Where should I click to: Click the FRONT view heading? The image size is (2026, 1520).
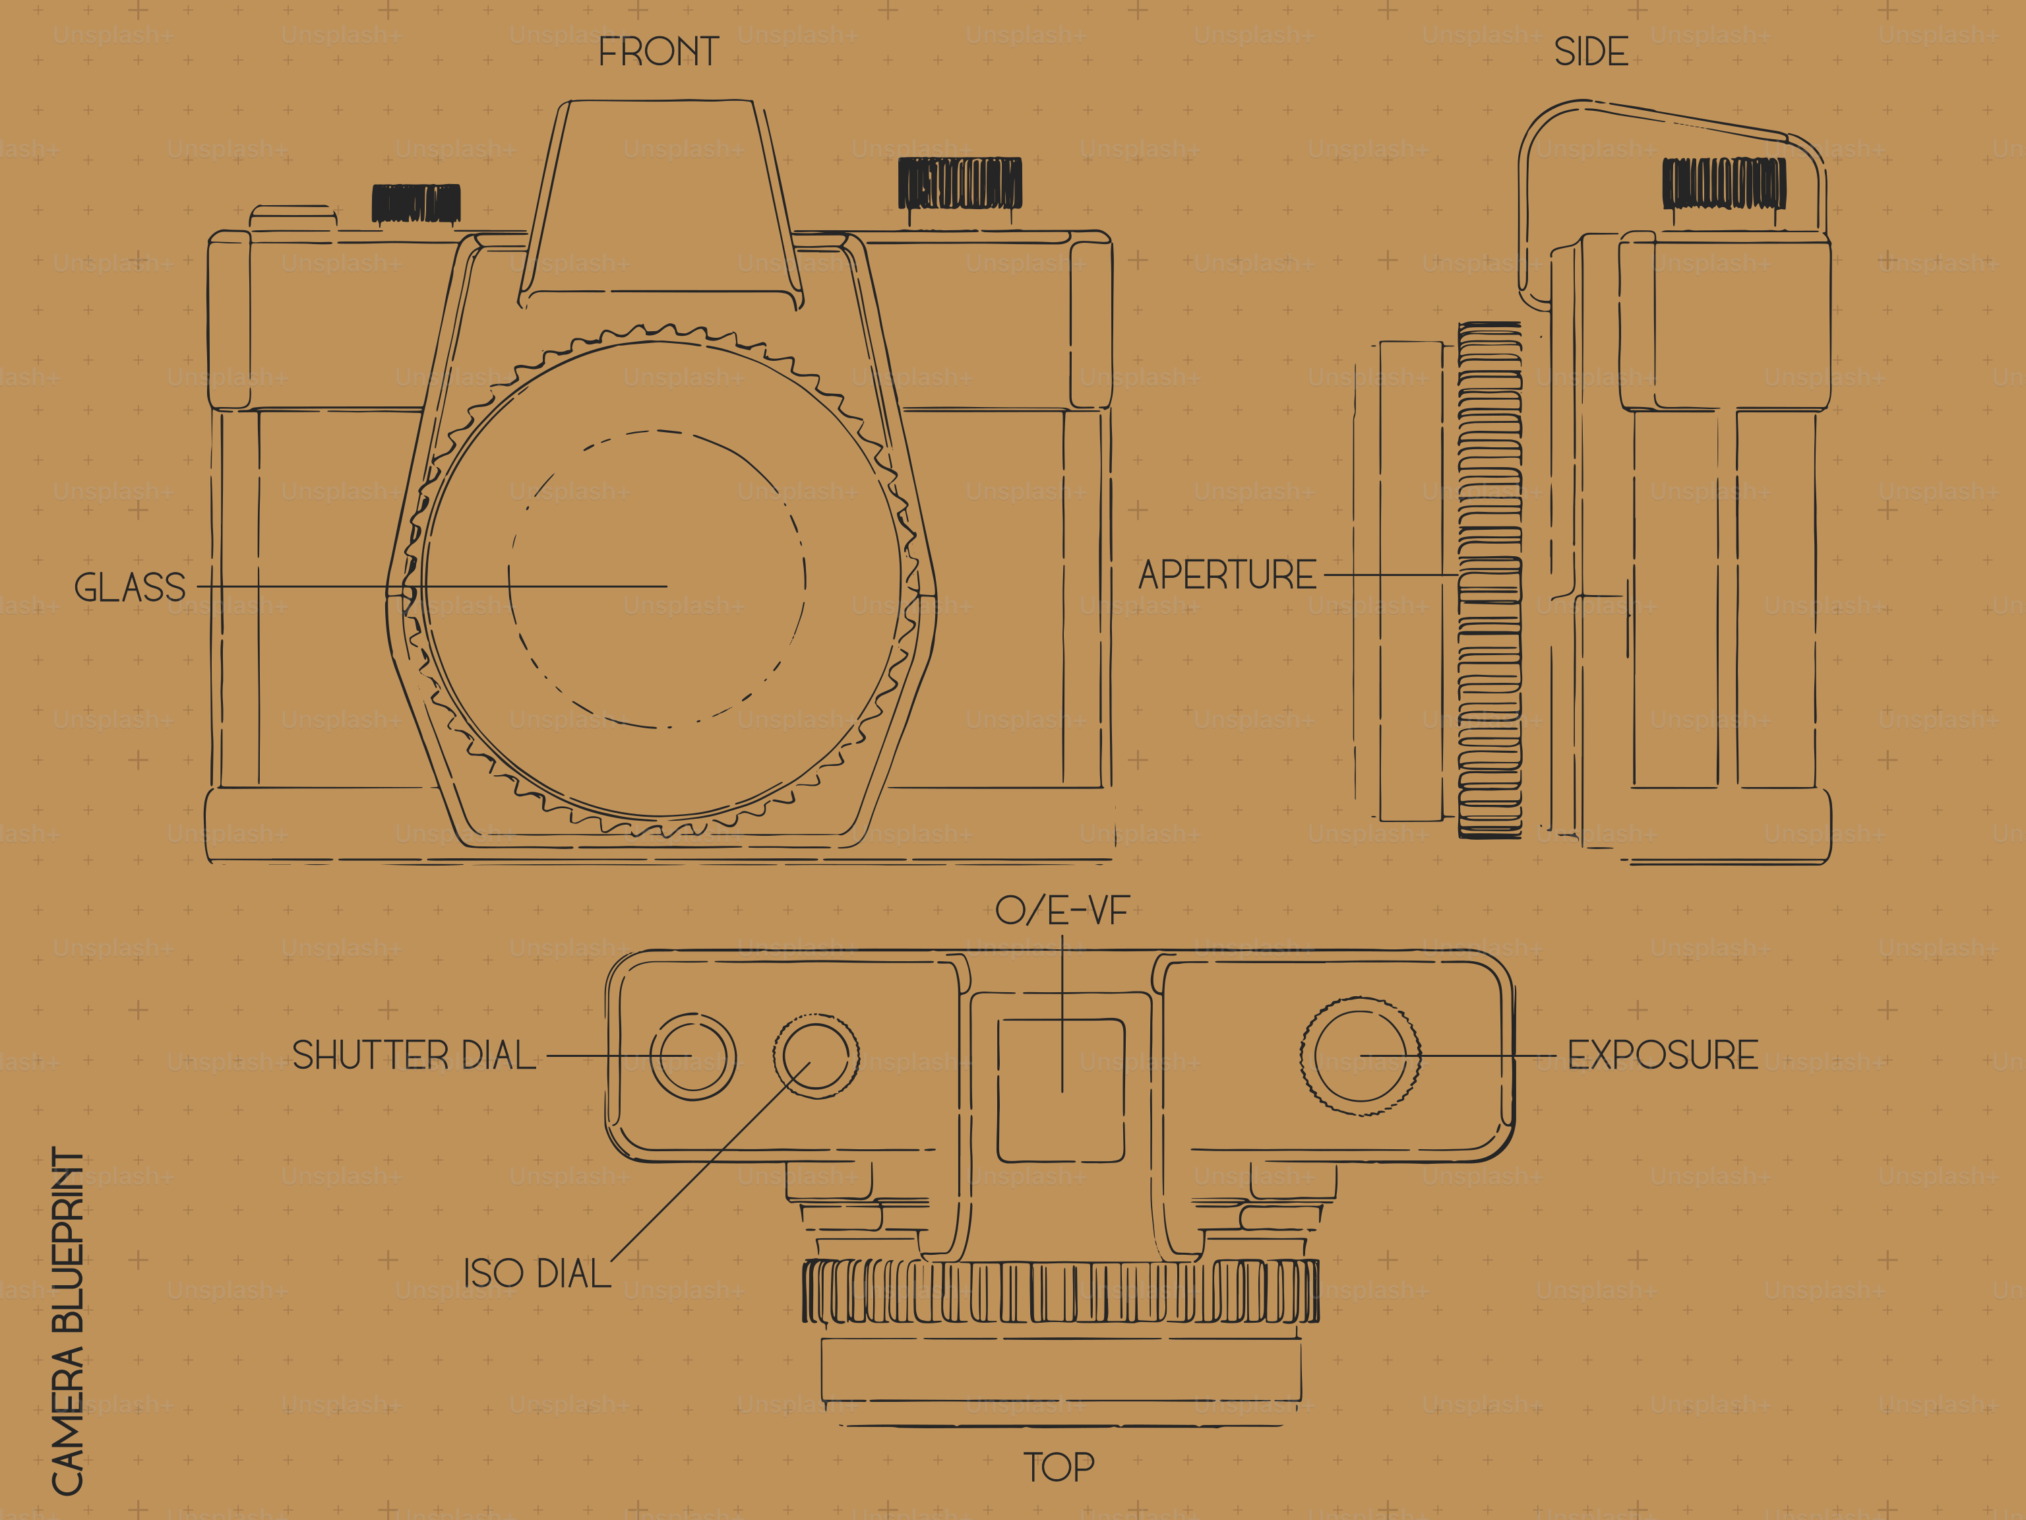[x=659, y=52]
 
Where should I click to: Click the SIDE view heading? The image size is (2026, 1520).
[x=1591, y=52]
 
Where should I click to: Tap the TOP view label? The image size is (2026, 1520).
[x=1059, y=1467]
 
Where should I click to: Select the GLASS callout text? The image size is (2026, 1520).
[x=129, y=587]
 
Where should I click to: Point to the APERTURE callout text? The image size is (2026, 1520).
[x=1227, y=575]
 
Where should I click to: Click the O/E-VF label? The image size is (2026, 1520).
[x=1062, y=910]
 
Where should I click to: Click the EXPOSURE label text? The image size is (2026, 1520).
[x=1663, y=1056]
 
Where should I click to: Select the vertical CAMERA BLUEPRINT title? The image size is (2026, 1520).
[x=68, y=1320]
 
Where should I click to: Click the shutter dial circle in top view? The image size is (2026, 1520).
[x=692, y=1056]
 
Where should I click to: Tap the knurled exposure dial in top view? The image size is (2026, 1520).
[x=1360, y=1056]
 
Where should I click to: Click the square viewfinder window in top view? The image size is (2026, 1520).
[x=1060, y=1091]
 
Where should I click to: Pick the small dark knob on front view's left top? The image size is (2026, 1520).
[x=416, y=203]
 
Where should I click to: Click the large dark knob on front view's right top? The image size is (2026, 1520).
[x=959, y=183]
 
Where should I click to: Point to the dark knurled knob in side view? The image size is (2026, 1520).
[x=1724, y=183]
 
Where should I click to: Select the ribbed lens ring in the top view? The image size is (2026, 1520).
[x=1060, y=1291]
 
